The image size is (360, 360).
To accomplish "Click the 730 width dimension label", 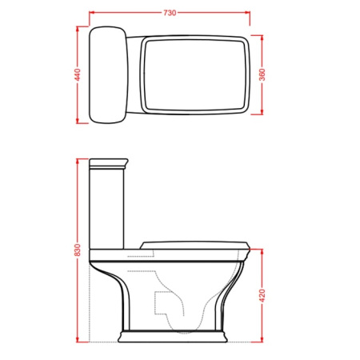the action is pos(170,13).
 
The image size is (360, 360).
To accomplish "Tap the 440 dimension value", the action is pos(78,75).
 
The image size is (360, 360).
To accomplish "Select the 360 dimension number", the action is pos(262,75).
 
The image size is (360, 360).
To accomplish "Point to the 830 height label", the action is pos(78,250).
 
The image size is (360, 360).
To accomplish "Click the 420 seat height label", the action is pos(262,295).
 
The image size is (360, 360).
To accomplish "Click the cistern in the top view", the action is pos(108,75).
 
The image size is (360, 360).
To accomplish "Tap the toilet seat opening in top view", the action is pos(195,75).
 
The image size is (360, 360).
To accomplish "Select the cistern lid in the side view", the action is pos(109,164).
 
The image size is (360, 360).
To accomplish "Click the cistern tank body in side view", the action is pos(106,210).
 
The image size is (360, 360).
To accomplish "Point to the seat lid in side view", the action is pos(195,245).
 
